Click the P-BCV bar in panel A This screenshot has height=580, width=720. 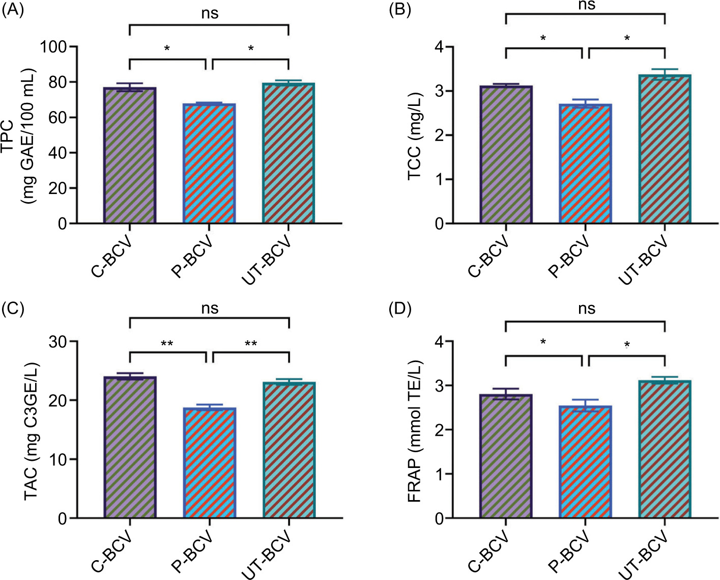pyautogui.click(x=209, y=163)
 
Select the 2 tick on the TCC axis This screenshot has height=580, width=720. pyautogui.click(x=438, y=135)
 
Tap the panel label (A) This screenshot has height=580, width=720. pyautogui.click(x=13, y=11)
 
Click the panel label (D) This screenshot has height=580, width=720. pyautogui.click(x=400, y=309)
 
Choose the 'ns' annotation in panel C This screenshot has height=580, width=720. pyautogui.click(x=210, y=308)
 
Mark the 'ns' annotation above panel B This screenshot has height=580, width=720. pyautogui.click(x=586, y=5)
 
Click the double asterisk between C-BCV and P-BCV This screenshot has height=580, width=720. pyautogui.click(x=167, y=344)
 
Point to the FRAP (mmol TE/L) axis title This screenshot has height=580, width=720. pyautogui.click(x=415, y=430)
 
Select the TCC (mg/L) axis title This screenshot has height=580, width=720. pyautogui.click(x=415, y=136)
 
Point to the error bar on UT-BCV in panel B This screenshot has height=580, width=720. pyautogui.click(x=665, y=74)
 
